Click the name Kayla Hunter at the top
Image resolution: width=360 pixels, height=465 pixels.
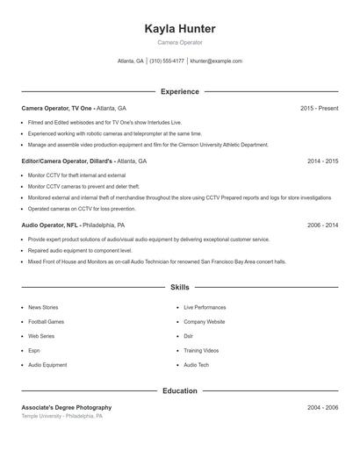[179, 29]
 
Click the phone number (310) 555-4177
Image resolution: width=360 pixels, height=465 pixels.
[167, 61]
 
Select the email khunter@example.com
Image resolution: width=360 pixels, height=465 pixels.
[216, 61]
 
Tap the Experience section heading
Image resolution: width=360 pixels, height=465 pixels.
[179, 91]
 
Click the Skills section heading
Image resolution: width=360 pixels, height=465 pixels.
[179, 287]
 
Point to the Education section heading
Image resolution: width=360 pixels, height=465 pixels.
[179, 390]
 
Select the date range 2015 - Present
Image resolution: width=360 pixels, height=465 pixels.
[319, 108]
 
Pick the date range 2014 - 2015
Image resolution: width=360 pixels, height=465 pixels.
[322, 161]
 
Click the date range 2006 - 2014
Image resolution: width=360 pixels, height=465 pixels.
[322, 225]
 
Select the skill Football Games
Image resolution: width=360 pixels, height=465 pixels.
[47, 322]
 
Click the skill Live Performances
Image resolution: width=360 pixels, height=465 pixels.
[205, 308]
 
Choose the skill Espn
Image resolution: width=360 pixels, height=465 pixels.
[35, 350]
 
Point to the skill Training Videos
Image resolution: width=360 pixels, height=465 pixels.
[201, 350]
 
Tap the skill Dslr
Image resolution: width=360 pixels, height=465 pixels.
[189, 336]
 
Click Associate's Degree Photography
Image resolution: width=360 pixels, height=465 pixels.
[67, 408]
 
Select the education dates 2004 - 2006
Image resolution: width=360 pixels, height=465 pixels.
[322, 408]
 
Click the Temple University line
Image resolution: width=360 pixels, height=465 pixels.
[61, 417]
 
